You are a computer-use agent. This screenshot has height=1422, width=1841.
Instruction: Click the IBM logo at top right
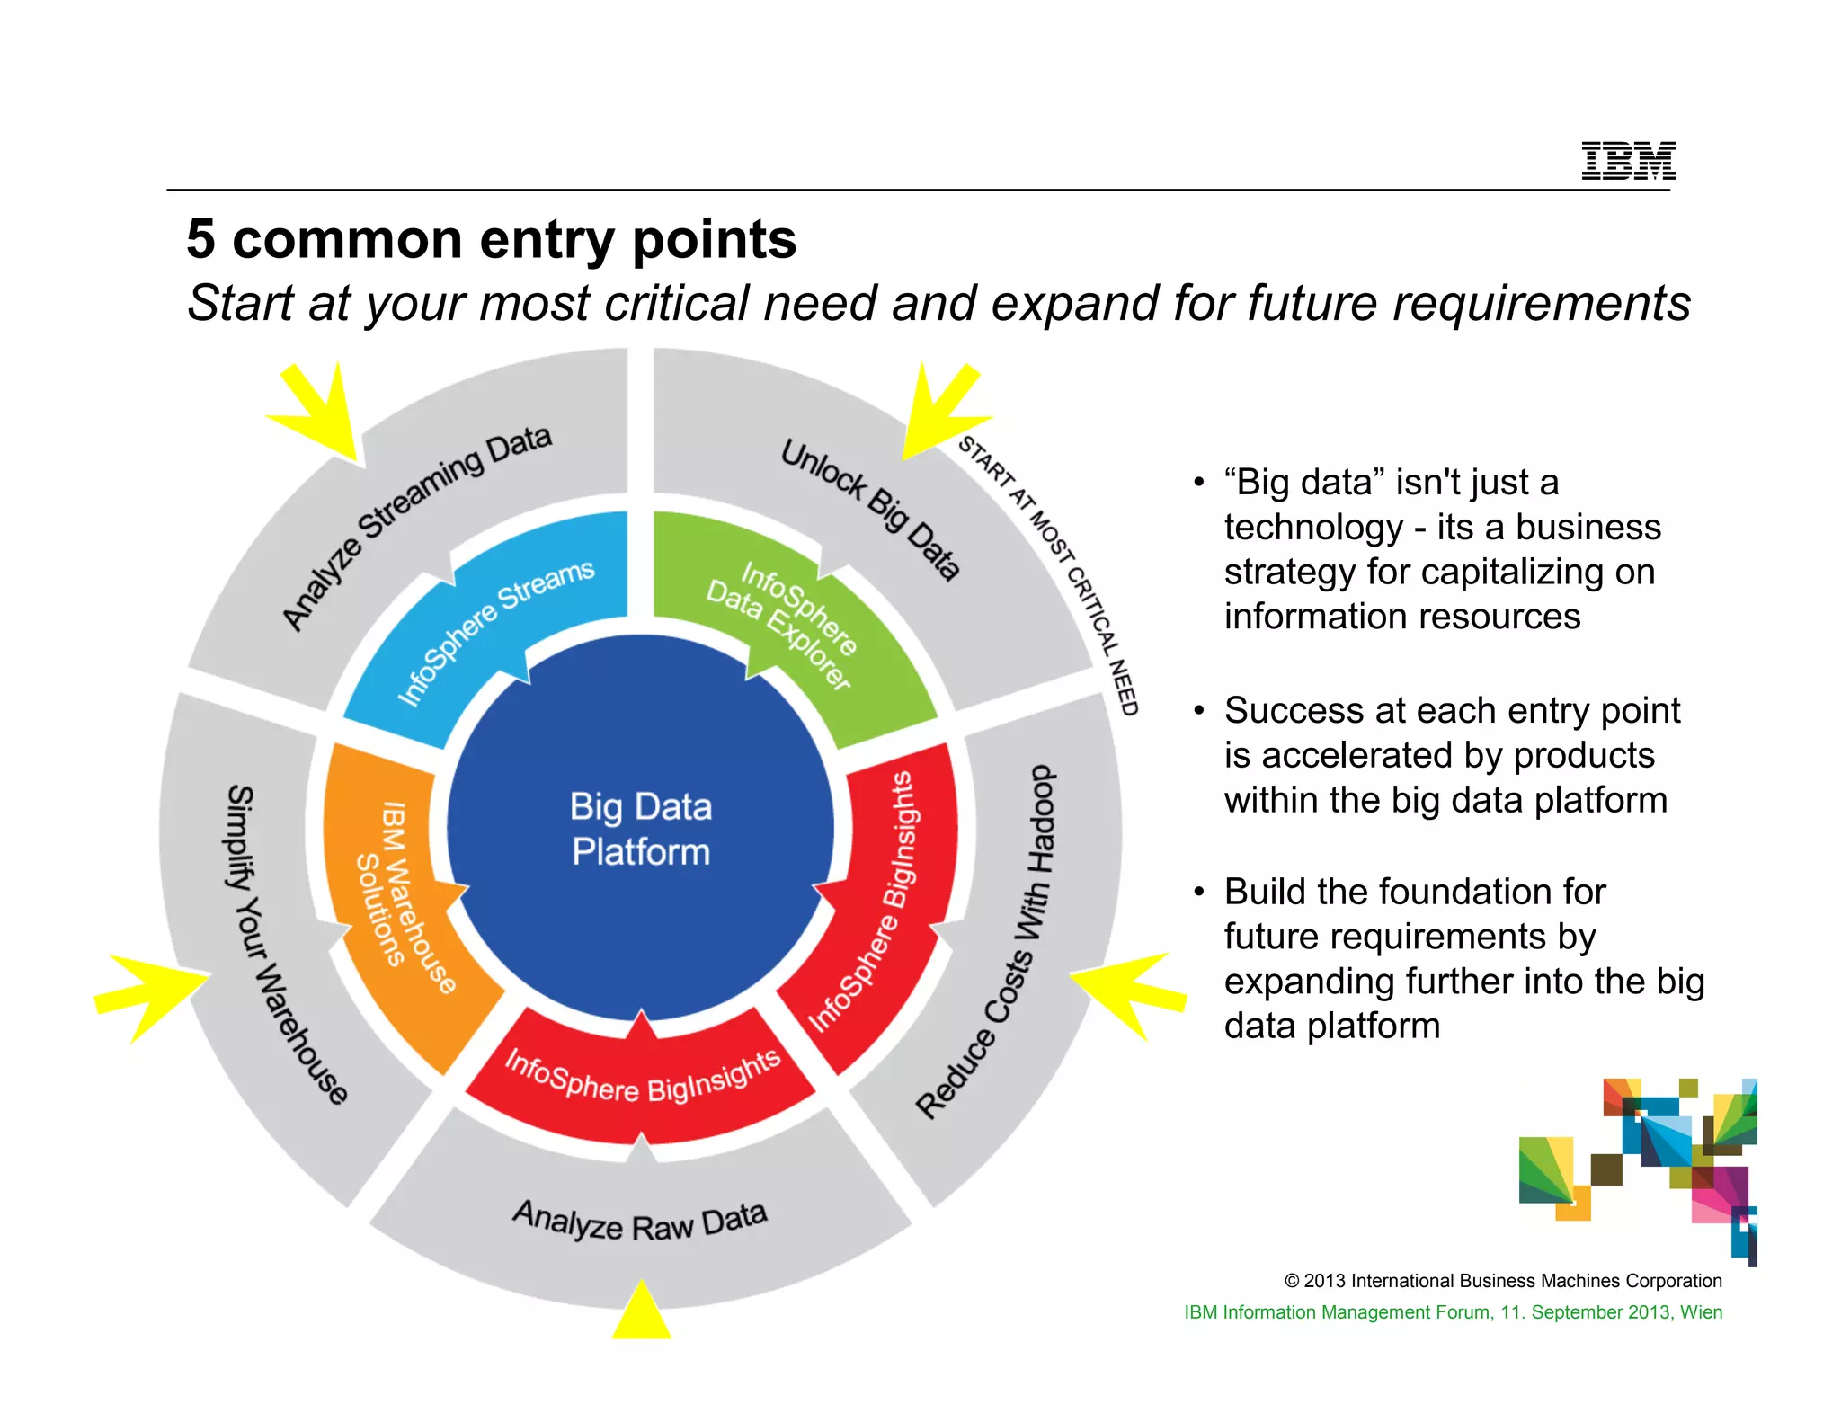point(1628,161)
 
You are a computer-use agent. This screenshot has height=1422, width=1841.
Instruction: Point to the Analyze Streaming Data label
point(414,526)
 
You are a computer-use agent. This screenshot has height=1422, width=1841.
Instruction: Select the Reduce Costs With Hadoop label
point(989,944)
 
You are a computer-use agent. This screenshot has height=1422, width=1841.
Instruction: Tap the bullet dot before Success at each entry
point(1198,711)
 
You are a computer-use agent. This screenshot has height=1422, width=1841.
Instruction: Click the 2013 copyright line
point(1503,1281)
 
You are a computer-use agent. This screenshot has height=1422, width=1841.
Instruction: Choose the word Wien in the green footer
point(1701,1312)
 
